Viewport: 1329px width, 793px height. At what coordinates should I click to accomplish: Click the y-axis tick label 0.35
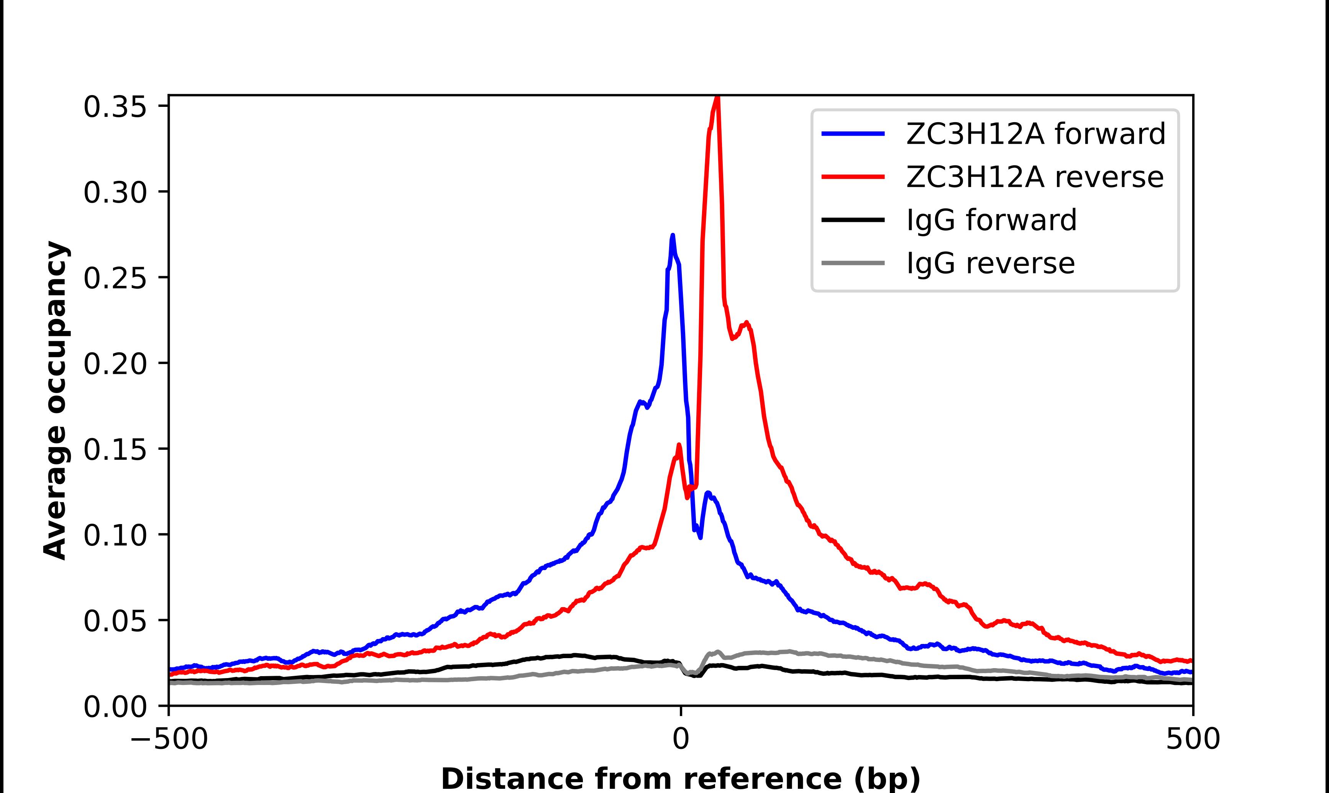[x=115, y=107]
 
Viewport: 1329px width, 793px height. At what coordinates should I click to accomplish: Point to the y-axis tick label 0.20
[x=115, y=364]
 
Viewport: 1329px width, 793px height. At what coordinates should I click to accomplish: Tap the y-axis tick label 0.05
[x=115, y=621]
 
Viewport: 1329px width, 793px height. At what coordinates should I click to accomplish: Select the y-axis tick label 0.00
[x=115, y=707]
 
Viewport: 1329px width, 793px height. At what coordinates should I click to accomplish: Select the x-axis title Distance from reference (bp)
[x=680, y=778]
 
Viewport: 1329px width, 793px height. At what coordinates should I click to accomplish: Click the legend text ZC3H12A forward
[x=1035, y=134]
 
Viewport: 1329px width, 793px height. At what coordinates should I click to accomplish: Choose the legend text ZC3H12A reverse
[x=1035, y=177]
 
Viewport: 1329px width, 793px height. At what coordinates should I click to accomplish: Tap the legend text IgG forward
[x=991, y=220]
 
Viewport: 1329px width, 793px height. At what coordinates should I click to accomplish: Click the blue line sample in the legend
[x=853, y=134]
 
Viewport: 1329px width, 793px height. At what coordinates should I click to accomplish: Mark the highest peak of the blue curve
[x=673, y=235]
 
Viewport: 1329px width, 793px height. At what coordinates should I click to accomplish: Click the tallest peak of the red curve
[x=718, y=98]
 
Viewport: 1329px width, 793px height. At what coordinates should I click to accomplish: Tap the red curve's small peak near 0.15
[x=679, y=445]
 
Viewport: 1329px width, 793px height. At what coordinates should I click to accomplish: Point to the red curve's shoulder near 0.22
[x=747, y=323]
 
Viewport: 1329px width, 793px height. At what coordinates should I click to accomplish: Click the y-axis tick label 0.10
[x=115, y=536]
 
